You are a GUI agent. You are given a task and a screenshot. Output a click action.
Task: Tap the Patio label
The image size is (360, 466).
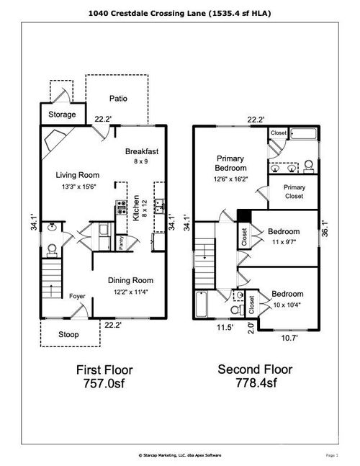pyautogui.click(x=119, y=99)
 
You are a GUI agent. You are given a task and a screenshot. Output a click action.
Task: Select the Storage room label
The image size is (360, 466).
pyautogui.click(x=62, y=115)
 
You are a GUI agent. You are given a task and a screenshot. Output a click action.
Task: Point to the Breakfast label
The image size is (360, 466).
pyautogui.click(x=141, y=151)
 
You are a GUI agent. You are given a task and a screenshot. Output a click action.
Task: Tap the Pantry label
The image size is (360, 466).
pyautogui.click(x=121, y=243)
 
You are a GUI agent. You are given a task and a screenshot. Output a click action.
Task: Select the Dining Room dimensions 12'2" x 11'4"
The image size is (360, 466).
pyautogui.click(x=130, y=292)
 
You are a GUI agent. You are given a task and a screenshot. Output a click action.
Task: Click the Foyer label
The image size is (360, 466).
pyautogui.click(x=78, y=296)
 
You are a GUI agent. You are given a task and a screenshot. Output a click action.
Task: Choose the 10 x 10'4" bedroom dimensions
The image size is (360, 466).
pyautogui.click(x=286, y=305)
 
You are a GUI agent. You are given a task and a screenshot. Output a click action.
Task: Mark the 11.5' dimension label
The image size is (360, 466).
pyautogui.click(x=225, y=327)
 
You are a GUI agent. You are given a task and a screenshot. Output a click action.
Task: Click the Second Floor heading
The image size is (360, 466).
pyautogui.click(x=256, y=369)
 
